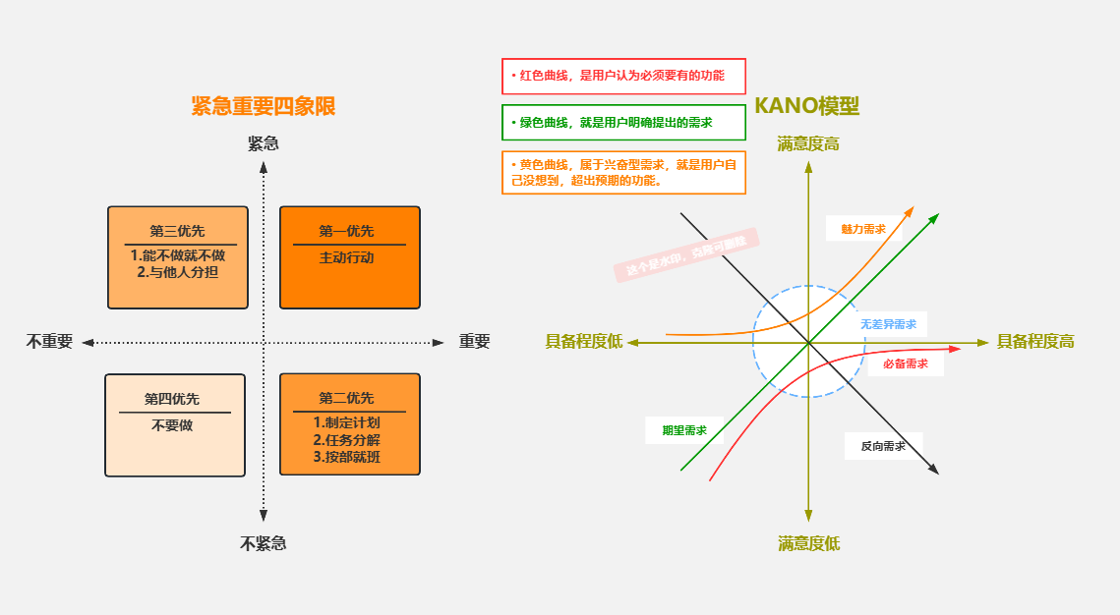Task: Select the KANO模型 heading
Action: pos(806,106)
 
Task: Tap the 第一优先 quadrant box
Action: pos(349,256)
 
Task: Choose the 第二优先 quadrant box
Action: pos(349,423)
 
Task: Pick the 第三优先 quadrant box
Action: pos(177,256)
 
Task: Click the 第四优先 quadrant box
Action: pos(175,424)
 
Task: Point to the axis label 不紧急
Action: pos(264,543)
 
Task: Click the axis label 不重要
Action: pos(49,342)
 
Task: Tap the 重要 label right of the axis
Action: pos(474,342)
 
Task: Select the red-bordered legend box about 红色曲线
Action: pos(623,76)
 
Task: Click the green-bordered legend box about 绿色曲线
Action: pos(623,123)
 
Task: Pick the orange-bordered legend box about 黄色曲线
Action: pos(623,172)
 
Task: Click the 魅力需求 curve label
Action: pos(863,229)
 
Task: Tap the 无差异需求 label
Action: pos(888,324)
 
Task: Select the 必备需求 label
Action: pos(906,363)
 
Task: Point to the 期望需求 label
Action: pos(684,430)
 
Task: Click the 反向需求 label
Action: pos(883,446)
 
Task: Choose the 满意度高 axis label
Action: pos(808,144)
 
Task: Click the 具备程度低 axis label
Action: pos(584,342)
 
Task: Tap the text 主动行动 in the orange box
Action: pos(346,258)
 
